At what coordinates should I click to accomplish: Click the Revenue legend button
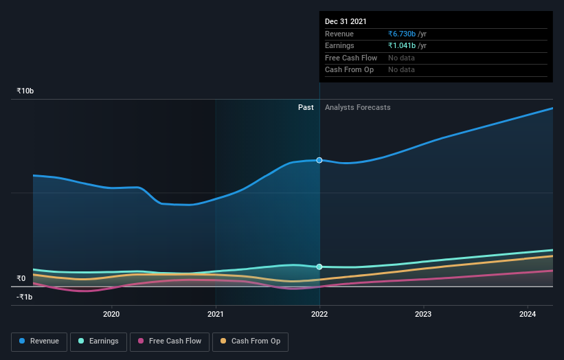click(x=39, y=341)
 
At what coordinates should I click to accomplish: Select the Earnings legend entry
click(x=98, y=341)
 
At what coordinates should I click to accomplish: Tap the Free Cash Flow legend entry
click(x=170, y=341)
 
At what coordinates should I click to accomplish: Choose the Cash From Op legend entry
click(x=251, y=341)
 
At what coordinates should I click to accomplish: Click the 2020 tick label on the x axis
click(x=111, y=315)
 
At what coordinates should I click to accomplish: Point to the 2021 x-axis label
click(x=216, y=315)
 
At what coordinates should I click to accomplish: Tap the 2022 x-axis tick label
click(x=319, y=315)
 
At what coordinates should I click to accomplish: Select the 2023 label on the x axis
click(x=423, y=315)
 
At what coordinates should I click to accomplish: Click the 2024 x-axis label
click(x=528, y=315)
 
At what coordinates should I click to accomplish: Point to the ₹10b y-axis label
click(x=25, y=91)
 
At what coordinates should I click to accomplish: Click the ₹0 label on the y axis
click(x=21, y=278)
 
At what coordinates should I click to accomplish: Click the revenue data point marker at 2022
click(x=319, y=160)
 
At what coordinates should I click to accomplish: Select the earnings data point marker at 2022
click(x=319, y=267)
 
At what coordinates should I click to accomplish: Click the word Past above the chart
click(x=306, y=107)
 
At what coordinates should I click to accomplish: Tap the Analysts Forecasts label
click(x=357, y=107)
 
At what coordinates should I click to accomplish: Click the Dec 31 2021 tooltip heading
click(x=346, y=21)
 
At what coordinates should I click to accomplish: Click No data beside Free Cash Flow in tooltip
click(x=401, y=58)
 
